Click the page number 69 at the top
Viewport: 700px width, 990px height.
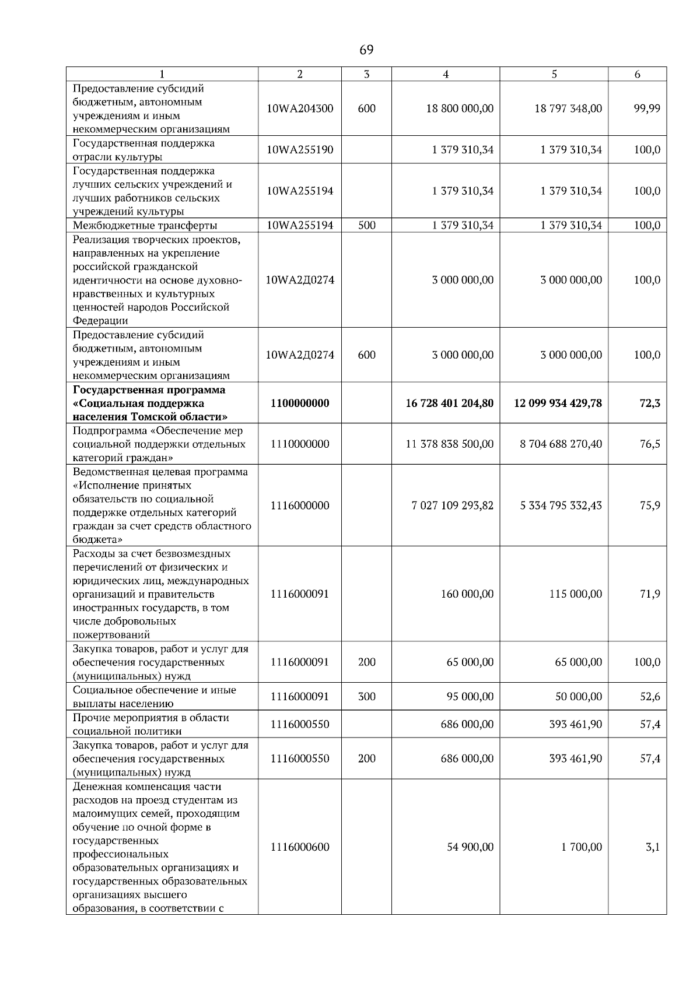click(x=366, y=50)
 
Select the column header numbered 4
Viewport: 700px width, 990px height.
click(x=446, y=74)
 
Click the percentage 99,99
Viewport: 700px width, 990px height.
click(x=647, y=108)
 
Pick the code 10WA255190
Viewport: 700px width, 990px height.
click(x=300, y=150)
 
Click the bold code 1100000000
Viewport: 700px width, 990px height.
click(x=300, y=403)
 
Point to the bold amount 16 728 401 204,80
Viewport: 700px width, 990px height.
click(x=449, y=403)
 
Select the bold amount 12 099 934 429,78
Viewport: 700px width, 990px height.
click(x=558, y=403)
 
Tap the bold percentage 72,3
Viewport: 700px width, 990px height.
click(x=649, y=403)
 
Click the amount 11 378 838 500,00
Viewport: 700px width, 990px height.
click(x=449, y=444)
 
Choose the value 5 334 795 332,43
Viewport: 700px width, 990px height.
click(x=561, y=505)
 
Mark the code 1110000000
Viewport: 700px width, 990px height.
click(x=300, y=444)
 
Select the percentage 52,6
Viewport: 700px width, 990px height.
click(x=649, y=697)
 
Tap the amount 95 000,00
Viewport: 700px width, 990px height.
click(x=470, y=697)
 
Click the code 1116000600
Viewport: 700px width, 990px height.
click(x=300, y=847)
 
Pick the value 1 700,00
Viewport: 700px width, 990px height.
click(x=582, y=847)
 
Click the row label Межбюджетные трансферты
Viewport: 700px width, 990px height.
click(x=145, y=226)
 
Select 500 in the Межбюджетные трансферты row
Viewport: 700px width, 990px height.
click(x=366, y=226)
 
